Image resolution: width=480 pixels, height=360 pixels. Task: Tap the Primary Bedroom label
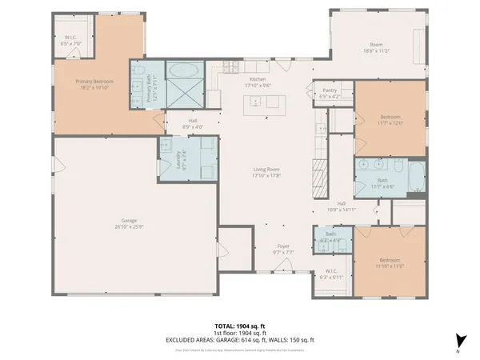94,83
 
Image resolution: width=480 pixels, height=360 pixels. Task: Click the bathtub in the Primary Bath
185,70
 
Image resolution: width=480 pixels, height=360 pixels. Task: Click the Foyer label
283,248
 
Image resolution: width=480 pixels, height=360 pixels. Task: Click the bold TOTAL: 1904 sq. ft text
241,326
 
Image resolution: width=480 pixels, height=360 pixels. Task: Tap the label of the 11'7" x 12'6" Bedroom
389,120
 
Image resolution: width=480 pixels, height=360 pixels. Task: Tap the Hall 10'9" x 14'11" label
342,206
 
